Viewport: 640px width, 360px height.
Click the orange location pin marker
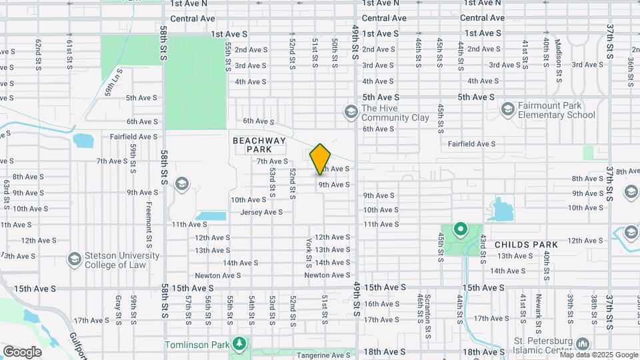click(320, 159)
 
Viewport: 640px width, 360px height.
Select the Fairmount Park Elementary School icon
click(507, 109)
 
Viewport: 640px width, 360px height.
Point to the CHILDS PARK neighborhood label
click(525, 245)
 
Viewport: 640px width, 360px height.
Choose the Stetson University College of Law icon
click(74, 258)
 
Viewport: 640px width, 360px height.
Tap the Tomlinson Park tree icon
click(239, 345)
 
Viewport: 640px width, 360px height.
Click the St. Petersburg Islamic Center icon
click(583, 344)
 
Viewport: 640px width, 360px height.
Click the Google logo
click(22, 351)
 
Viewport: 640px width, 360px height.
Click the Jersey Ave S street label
click(261, 212)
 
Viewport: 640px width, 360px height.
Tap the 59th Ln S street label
click(113, 84)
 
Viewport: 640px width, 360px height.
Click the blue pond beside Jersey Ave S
click(212, 217)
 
